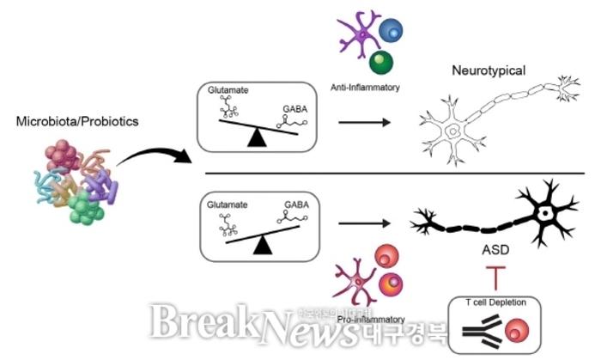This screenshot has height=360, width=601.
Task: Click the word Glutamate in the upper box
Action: pyautogui.click(x=225, y=88)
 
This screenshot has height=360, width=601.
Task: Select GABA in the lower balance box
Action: pyautogui.click(x=294, y=205)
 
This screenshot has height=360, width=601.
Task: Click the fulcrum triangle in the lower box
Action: pyautogui.click(x=266, y=247)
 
